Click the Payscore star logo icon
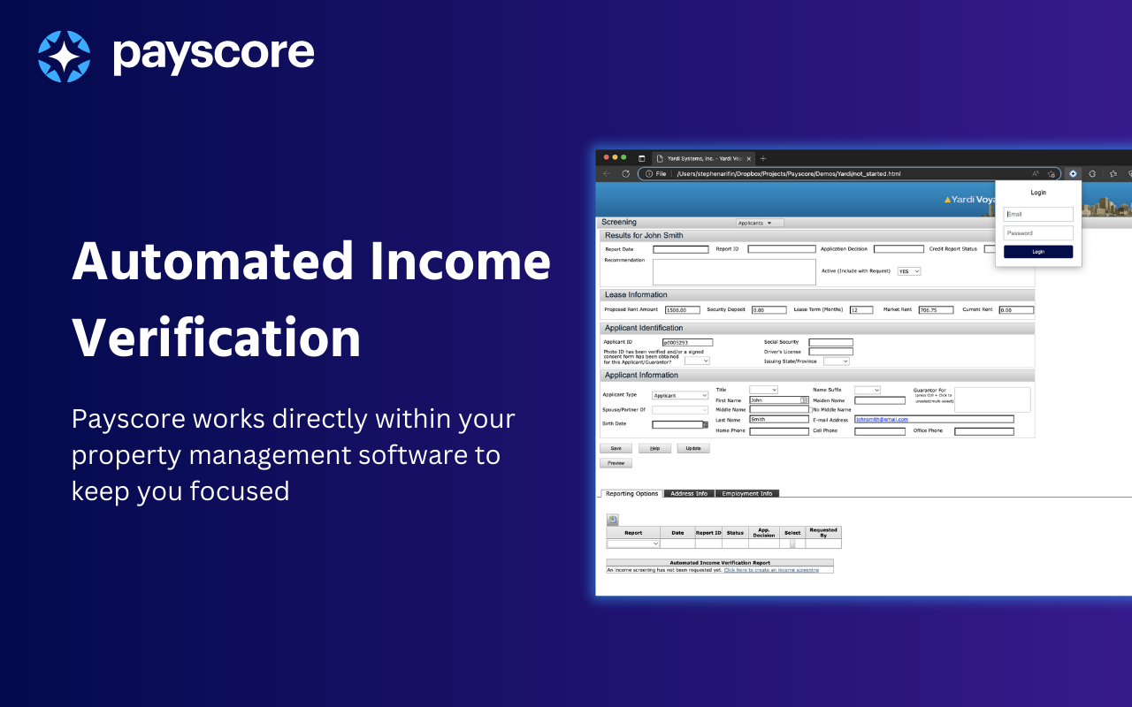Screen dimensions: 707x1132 (x=64, y=56)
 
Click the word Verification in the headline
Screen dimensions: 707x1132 (x=216, y=337)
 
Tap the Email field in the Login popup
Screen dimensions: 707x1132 (x=1038, y=214)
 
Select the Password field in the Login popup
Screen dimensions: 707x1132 (x=1038, y=233)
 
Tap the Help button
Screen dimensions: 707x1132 (x=654, y=449)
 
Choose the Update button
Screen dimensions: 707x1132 (x=692, y=449)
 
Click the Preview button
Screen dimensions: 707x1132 (x=616, y=463)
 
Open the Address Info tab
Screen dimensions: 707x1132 (x=689, y=494)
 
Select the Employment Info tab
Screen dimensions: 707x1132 (x=746, y=494)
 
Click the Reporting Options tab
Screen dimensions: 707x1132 (x=631, y=494)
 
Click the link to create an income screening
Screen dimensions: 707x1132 (x=771, y=570)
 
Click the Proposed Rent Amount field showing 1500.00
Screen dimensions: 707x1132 (x=682, y=310)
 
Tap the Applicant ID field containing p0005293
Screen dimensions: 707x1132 (x=687, y=343)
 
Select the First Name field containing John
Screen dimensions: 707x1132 (x=775, y=400)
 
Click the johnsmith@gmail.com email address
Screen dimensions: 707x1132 (x=882, y=419)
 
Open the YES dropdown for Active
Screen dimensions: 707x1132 (x=909, y=271)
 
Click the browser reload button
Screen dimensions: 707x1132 (x=625, y=173)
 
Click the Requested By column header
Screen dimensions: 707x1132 (x=822, y=533)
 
